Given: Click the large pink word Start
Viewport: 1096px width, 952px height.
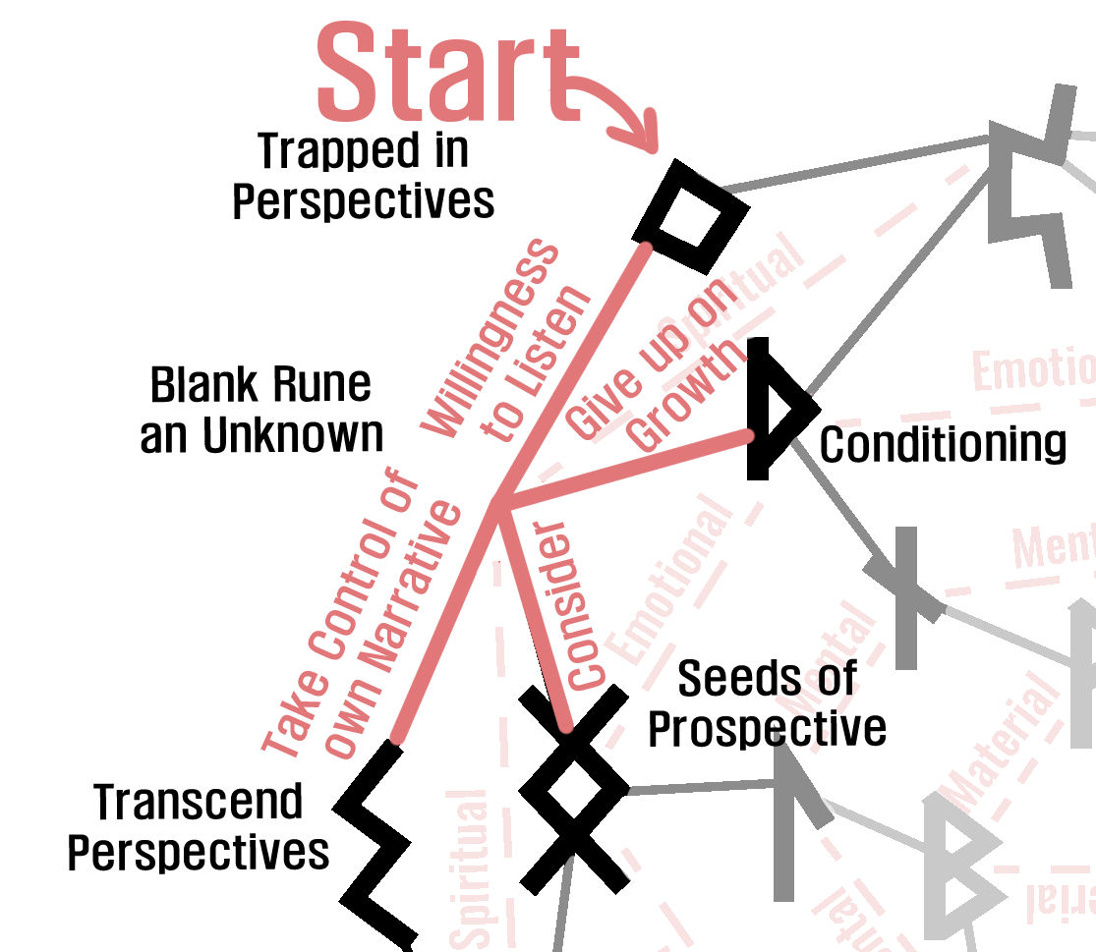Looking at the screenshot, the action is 447,75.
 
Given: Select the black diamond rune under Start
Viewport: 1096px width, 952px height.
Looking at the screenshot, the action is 690,215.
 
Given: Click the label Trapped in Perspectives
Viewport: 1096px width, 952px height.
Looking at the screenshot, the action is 363,177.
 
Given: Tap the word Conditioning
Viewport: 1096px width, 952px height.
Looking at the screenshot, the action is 943,444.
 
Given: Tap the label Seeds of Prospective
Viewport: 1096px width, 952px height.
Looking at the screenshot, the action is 767,703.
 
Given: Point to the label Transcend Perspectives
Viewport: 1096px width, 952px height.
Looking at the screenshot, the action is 198,828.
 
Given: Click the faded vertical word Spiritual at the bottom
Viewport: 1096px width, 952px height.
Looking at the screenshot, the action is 471,869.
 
